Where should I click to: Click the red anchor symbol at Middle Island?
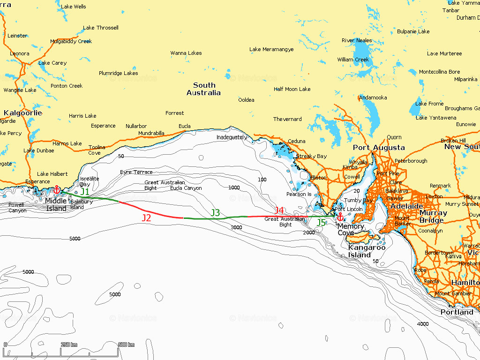(57, 190)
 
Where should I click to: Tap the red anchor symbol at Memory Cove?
(340, 217)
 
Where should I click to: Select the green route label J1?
(85, 192)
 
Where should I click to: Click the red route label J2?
(146, 218)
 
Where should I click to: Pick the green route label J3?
(215, 213)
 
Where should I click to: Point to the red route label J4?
(279, 210)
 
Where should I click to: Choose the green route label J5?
(321, 223)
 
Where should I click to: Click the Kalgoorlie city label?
(22, 113)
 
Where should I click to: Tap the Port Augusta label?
(379, 148)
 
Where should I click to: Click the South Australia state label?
(204, 89)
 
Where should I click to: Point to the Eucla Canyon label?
(186, 188)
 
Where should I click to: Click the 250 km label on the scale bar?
(69, 345)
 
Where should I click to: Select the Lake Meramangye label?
(271, 50)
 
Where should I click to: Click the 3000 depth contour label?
(236, 227)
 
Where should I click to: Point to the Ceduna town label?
(296, 141)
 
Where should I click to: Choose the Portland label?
(457, 312)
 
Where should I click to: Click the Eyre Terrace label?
(136, 172)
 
